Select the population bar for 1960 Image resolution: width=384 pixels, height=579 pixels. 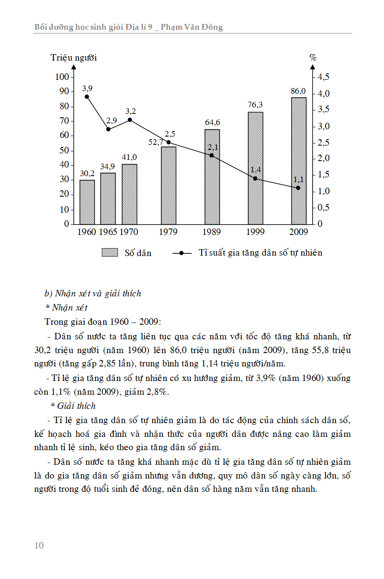[87, 202]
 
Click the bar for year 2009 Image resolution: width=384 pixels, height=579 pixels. [299, 161]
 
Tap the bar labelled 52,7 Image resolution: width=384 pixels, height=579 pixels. [168, 186]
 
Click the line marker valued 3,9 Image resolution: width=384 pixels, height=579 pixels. [87, 97]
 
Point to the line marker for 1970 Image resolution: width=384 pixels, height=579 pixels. [130, 120]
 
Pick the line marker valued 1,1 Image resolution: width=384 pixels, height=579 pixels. [298, 188]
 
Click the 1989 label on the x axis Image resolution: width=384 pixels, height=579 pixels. [211, 232]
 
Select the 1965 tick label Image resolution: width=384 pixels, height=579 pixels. [108, 232]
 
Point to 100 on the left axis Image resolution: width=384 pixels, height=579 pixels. [62, 77]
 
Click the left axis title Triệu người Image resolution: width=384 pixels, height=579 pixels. [73, 58]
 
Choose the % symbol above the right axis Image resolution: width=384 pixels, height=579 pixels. [313, 58]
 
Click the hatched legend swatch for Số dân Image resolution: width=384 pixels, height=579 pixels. [110, 253]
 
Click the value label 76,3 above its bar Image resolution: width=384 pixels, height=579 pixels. [255, 105]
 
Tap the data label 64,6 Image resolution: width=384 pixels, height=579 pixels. [212, 122]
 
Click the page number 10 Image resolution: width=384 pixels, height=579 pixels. [39, 545]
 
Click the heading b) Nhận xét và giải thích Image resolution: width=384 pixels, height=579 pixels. [93, 294]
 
